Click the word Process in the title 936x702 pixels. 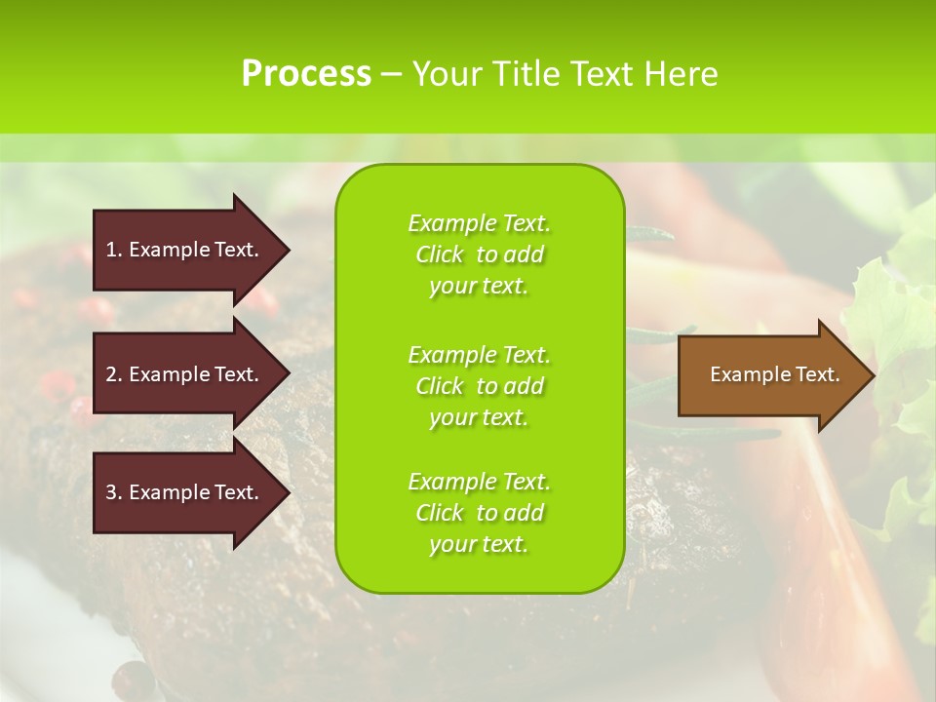click(x=306, y=74)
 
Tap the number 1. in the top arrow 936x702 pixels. click(x=113, y=250)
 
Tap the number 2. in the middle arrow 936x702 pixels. click(x=113, y=374)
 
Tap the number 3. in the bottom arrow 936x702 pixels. click(x=113, y=492)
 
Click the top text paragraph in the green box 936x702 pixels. click(x=479, y=254)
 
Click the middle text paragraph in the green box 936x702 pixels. click(x=479, y=386)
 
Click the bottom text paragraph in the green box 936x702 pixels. click(x=479, y=513)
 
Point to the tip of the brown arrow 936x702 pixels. click(x=873, y=375)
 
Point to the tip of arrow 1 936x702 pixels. click(x=288, y=250)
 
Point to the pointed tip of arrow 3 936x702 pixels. click(x=288, y=492)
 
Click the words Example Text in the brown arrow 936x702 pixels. click(x=774, y=374)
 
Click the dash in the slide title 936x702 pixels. click(x=392, y=75)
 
